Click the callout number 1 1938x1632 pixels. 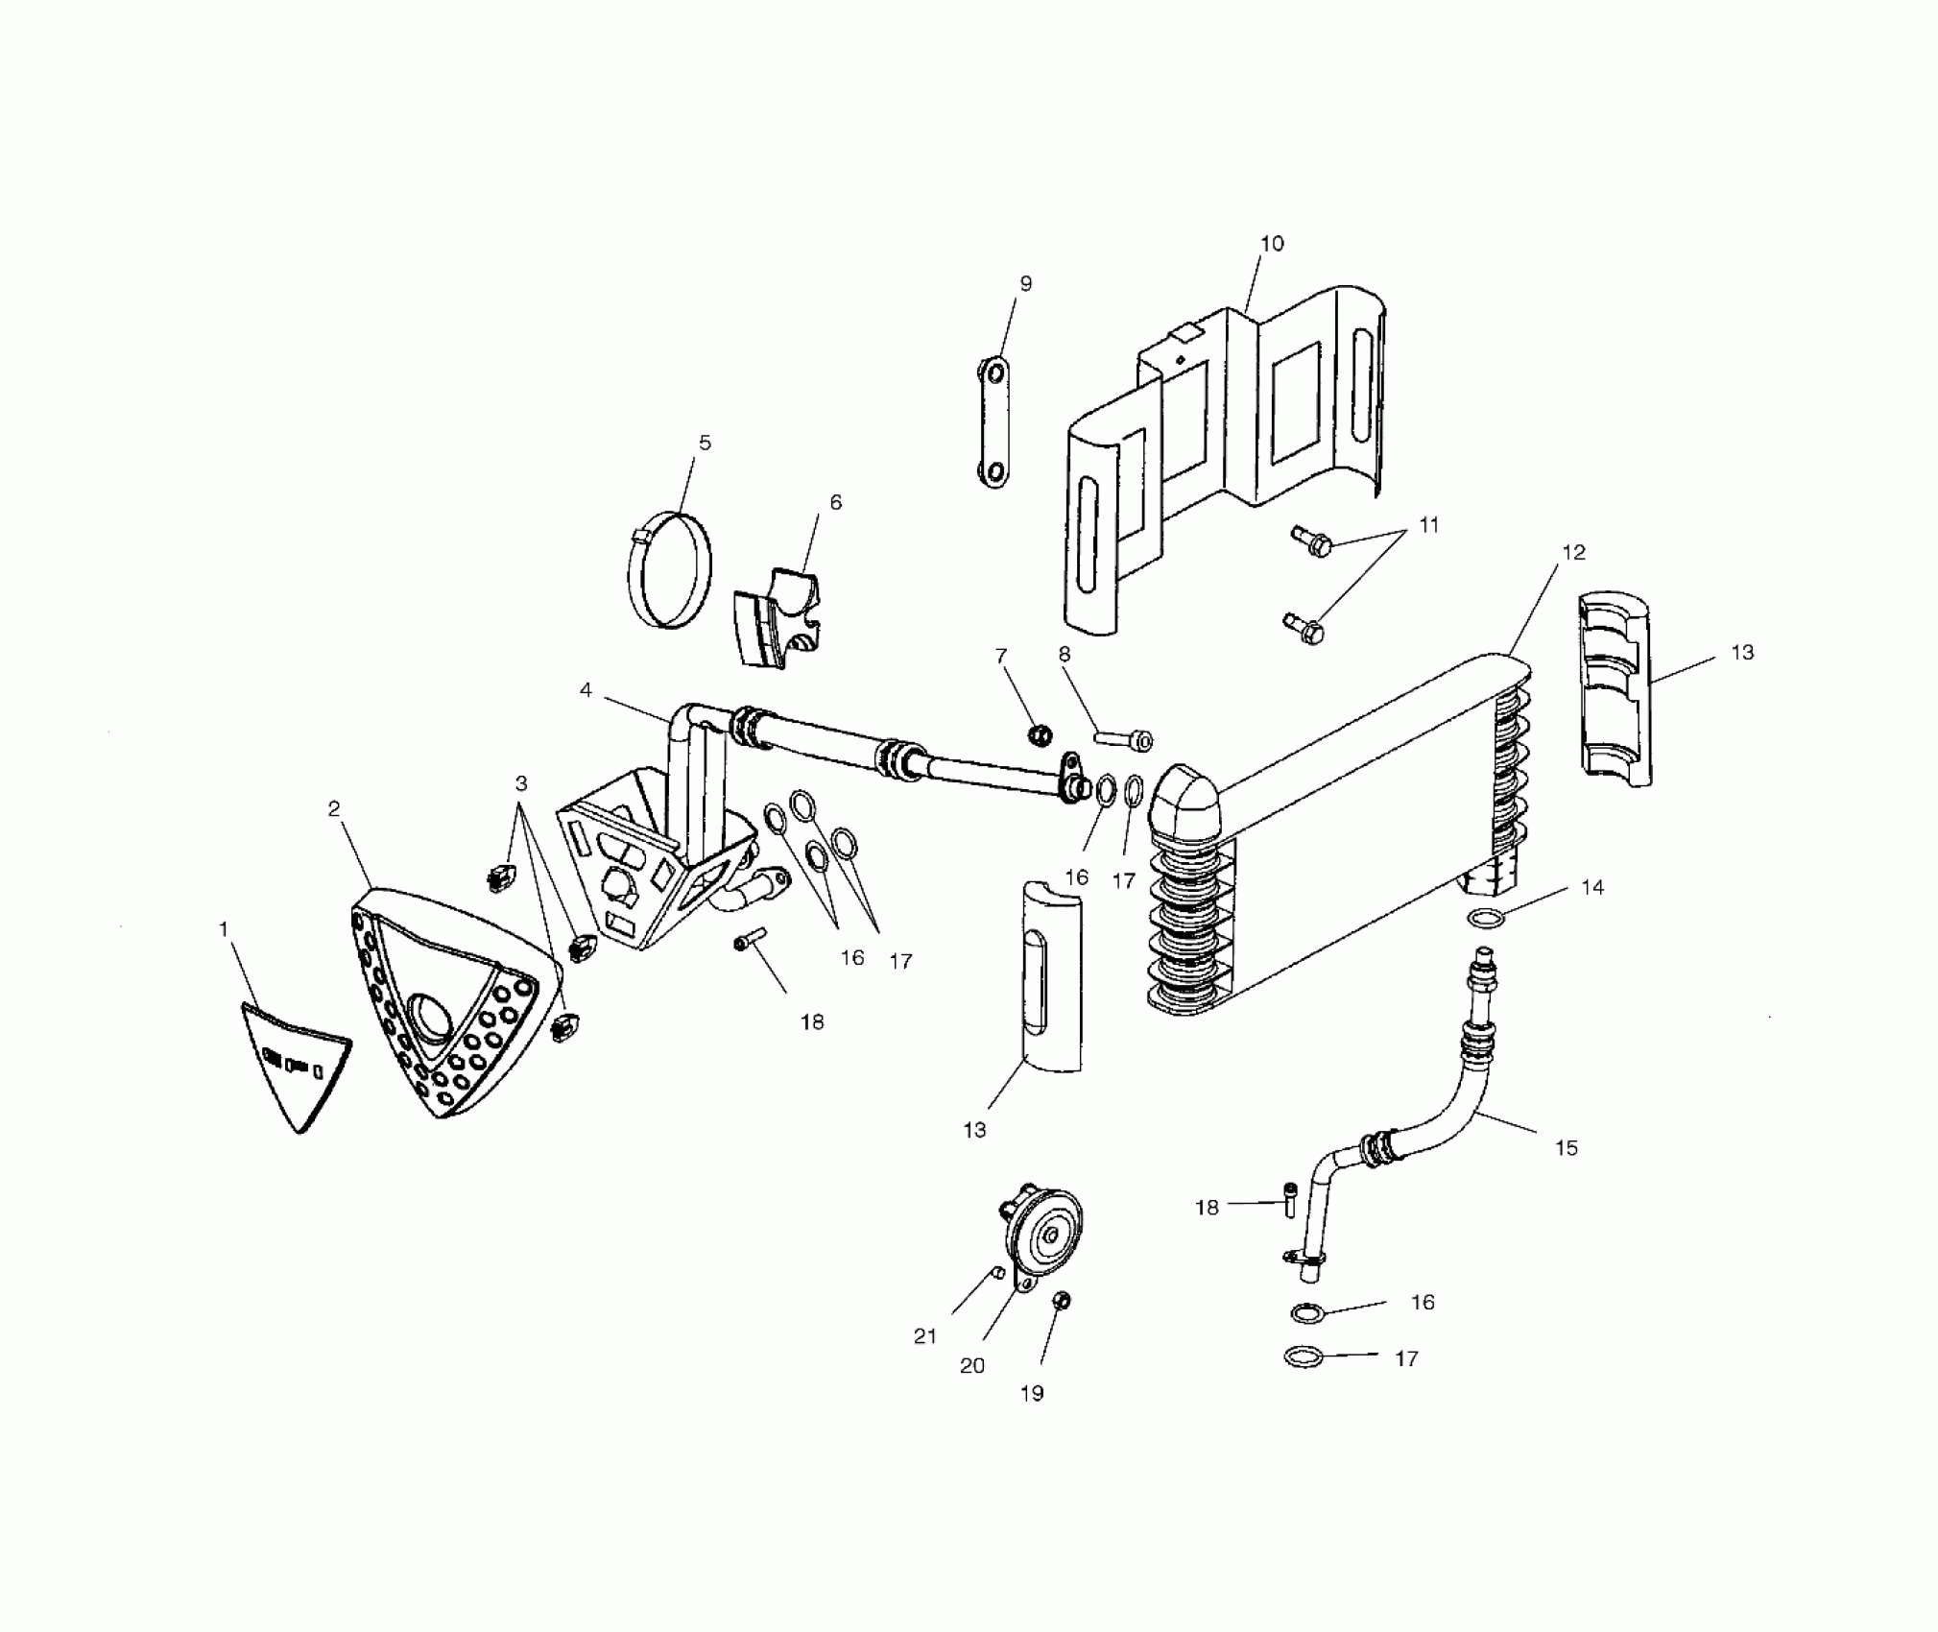point(224,929)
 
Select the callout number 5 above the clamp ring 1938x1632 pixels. point(705,444)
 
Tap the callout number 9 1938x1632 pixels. point(1025,284)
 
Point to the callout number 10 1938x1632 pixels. point(1271,244)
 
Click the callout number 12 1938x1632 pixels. point(1573,553)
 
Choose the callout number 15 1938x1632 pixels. point(1566,1147)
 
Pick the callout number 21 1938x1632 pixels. point(924,1335)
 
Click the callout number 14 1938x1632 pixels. point(1592,887)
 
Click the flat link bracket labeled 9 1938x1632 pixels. point(995,422)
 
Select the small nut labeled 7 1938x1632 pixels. point(1039,735)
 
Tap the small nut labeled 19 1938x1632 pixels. point(1063,1302)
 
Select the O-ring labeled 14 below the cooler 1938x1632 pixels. point(1485,918)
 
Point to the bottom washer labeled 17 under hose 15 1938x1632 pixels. point(1303,1356)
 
